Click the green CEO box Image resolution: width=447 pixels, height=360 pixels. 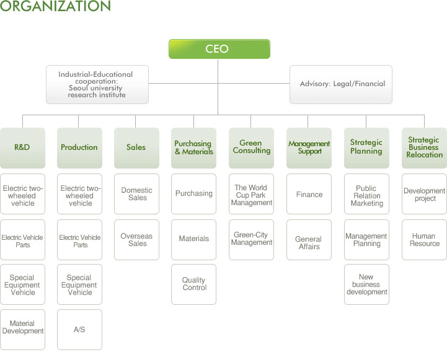[x=219, y=49]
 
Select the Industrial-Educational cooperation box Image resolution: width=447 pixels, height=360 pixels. [x=97, y=84]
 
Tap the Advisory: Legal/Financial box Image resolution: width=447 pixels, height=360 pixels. [x=341, y=84]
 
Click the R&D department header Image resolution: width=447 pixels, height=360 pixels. [x=22, y=147]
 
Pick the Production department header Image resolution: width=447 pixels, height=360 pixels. [x=79, y=147]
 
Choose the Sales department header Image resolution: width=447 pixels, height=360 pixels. [x=136, y=147]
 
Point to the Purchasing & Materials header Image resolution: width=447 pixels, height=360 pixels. [x=193, y=147]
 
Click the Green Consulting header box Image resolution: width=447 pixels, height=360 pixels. [x=251, y=147]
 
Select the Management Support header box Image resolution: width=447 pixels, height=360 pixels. [x=309, y=147]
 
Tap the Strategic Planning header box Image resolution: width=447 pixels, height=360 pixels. [x=366, y=147]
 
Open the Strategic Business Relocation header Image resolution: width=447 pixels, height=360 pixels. [x=424, y=147]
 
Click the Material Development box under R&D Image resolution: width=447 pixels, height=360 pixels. [x=22, y=328]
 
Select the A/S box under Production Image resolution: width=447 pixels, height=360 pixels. [x=79, y=330]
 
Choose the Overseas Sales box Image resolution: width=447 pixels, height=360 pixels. [x=136, y=240]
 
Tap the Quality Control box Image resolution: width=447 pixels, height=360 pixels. [x=193, y=284]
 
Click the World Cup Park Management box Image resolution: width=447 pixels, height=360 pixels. [x=251, y=195]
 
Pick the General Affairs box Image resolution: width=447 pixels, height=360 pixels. [x=309, y=243]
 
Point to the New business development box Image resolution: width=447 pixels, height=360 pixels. [x=366, y=284]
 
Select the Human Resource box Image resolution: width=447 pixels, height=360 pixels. [x=424, y=240]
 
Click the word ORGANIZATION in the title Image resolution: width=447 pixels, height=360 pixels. [x=56, y=7]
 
